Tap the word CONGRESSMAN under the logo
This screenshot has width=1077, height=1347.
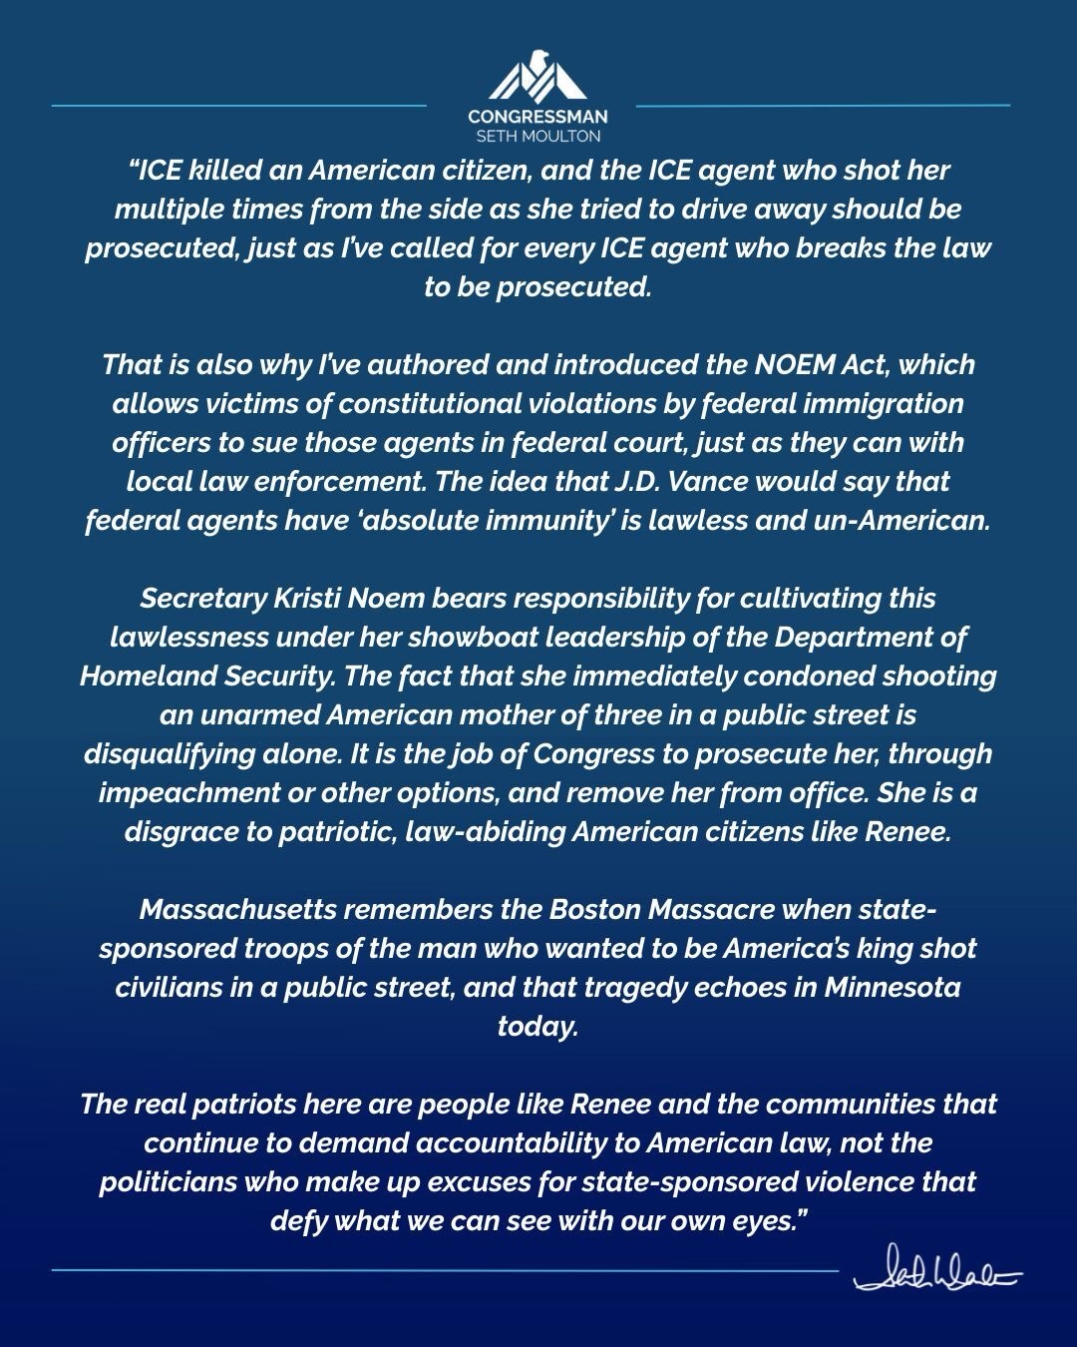(538, 117)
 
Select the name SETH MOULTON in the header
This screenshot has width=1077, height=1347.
(538, 136)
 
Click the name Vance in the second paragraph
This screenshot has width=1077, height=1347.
(699, 481)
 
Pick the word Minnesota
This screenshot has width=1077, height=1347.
(893, 988)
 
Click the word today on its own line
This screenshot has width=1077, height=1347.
(538, 1027)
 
